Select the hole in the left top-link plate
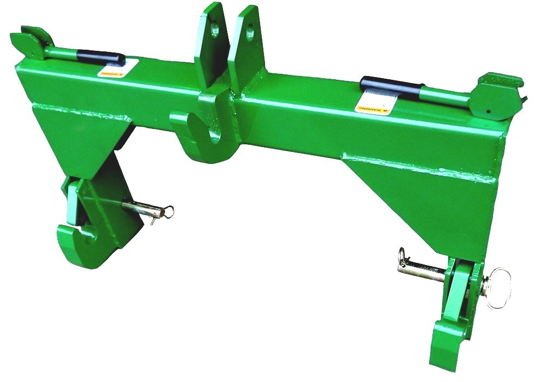click(x=215, y=28)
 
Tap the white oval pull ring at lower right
click(x=499, y=287)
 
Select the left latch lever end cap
click(x=30, y=43)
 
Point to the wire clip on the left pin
click(x=164, y=213)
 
